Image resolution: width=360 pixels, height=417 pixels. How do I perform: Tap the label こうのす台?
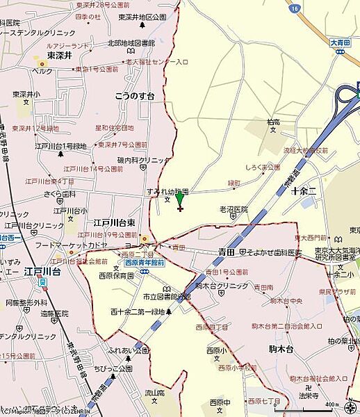(135, 97)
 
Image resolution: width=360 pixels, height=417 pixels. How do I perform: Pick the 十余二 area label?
(304, 189)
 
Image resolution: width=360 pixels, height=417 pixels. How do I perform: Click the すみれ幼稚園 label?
(167, 190)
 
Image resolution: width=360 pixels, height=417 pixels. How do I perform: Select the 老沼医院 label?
(234, 209)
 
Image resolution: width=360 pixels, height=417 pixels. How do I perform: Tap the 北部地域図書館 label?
(131, 43)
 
